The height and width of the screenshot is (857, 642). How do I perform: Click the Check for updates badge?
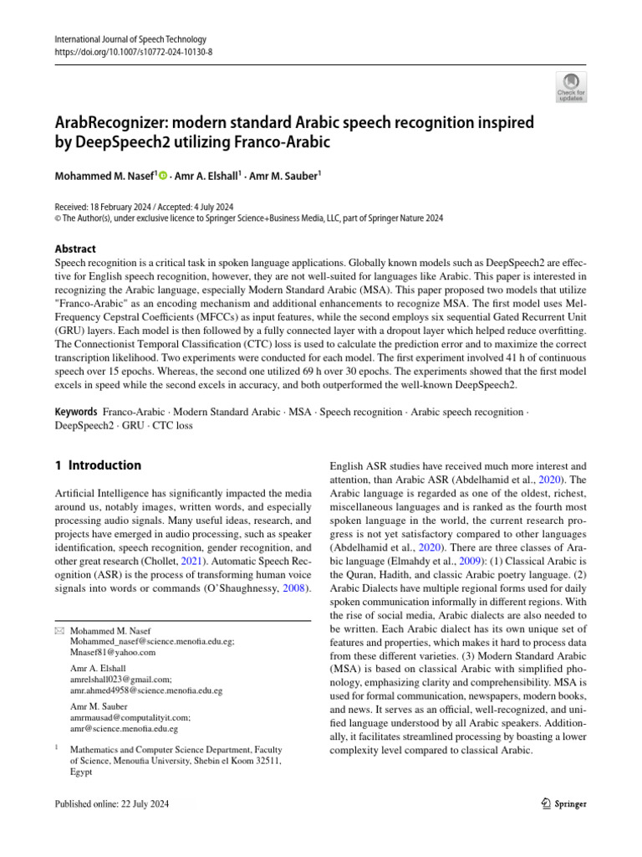(571, 86)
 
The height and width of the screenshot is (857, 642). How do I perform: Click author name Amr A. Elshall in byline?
(206, 177)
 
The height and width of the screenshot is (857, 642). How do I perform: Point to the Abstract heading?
(74, 249)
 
